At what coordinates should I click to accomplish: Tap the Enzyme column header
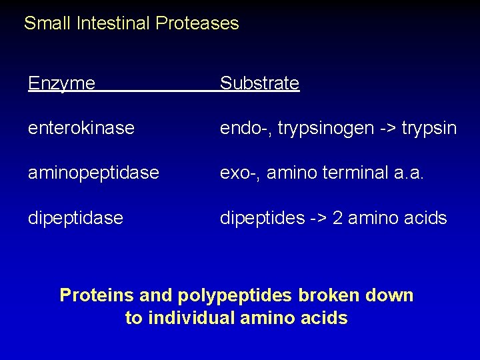pyautogui.click(x=61, y=83)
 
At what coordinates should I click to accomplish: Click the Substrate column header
pyautogui.click(x=259, y=83)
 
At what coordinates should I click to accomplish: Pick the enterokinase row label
pyautogui.click(x=81, y=127)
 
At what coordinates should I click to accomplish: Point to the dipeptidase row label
pyautogui.click(x=75, y=217)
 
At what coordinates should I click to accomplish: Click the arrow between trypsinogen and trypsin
pyautogui.click(x=384, y=127)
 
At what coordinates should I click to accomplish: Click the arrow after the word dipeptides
pyautogui.click(x=315, y=217)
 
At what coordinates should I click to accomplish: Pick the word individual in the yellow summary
pyautogui.click(x=190, y=318)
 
